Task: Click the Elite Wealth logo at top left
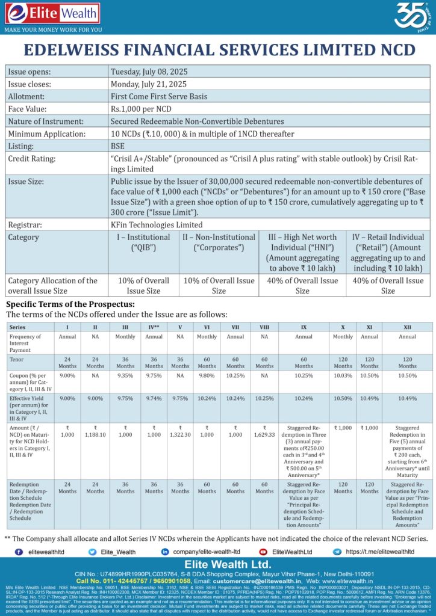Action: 51,15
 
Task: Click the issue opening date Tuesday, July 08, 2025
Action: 148,72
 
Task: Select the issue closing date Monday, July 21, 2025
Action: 148,84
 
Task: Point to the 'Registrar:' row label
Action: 28,224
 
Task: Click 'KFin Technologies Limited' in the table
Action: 157,224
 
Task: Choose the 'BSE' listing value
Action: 117,146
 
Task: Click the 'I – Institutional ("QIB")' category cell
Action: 143,242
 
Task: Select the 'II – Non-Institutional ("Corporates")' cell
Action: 219,242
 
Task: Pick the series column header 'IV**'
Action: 154,327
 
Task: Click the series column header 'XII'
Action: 407,327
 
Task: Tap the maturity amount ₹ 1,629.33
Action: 264,434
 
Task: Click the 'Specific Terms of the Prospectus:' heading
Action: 70,304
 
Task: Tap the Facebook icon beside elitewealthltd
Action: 19,552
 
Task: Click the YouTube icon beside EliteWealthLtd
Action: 263,552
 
